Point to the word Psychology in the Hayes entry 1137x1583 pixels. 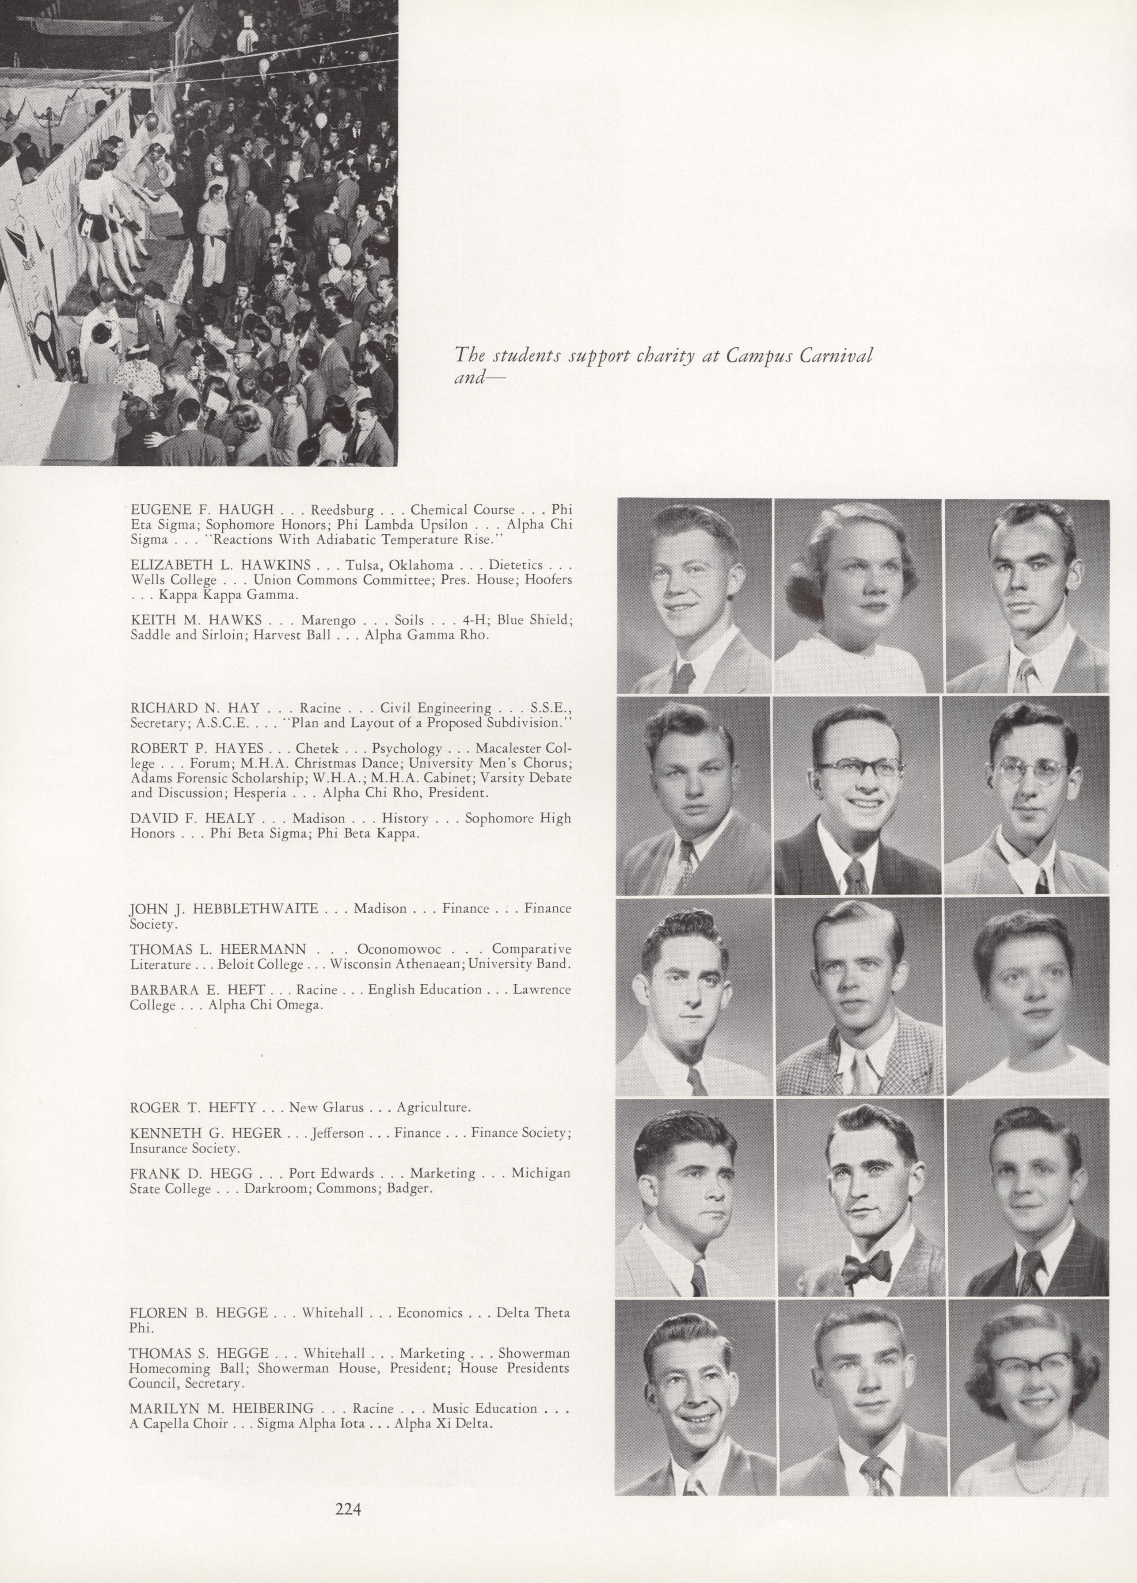(407, 749)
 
